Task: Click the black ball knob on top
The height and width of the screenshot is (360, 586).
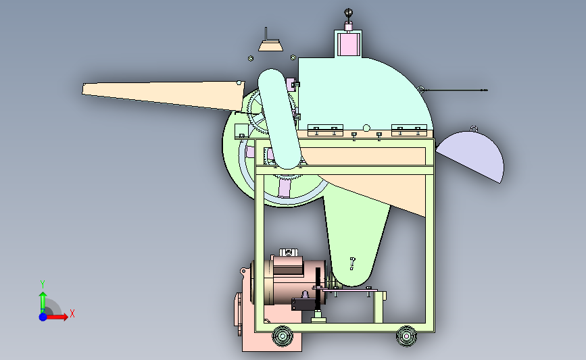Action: (348, 13)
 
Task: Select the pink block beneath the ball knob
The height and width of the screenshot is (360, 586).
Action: (348, 43)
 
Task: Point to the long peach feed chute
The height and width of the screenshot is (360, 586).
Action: (164, 95)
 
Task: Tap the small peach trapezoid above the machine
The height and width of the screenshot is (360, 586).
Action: (270, 46)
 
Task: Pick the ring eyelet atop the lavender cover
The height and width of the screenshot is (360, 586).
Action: (474, 129)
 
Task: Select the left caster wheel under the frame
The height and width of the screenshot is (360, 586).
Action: (282, 336)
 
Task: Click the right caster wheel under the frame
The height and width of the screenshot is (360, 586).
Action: (406, 336)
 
